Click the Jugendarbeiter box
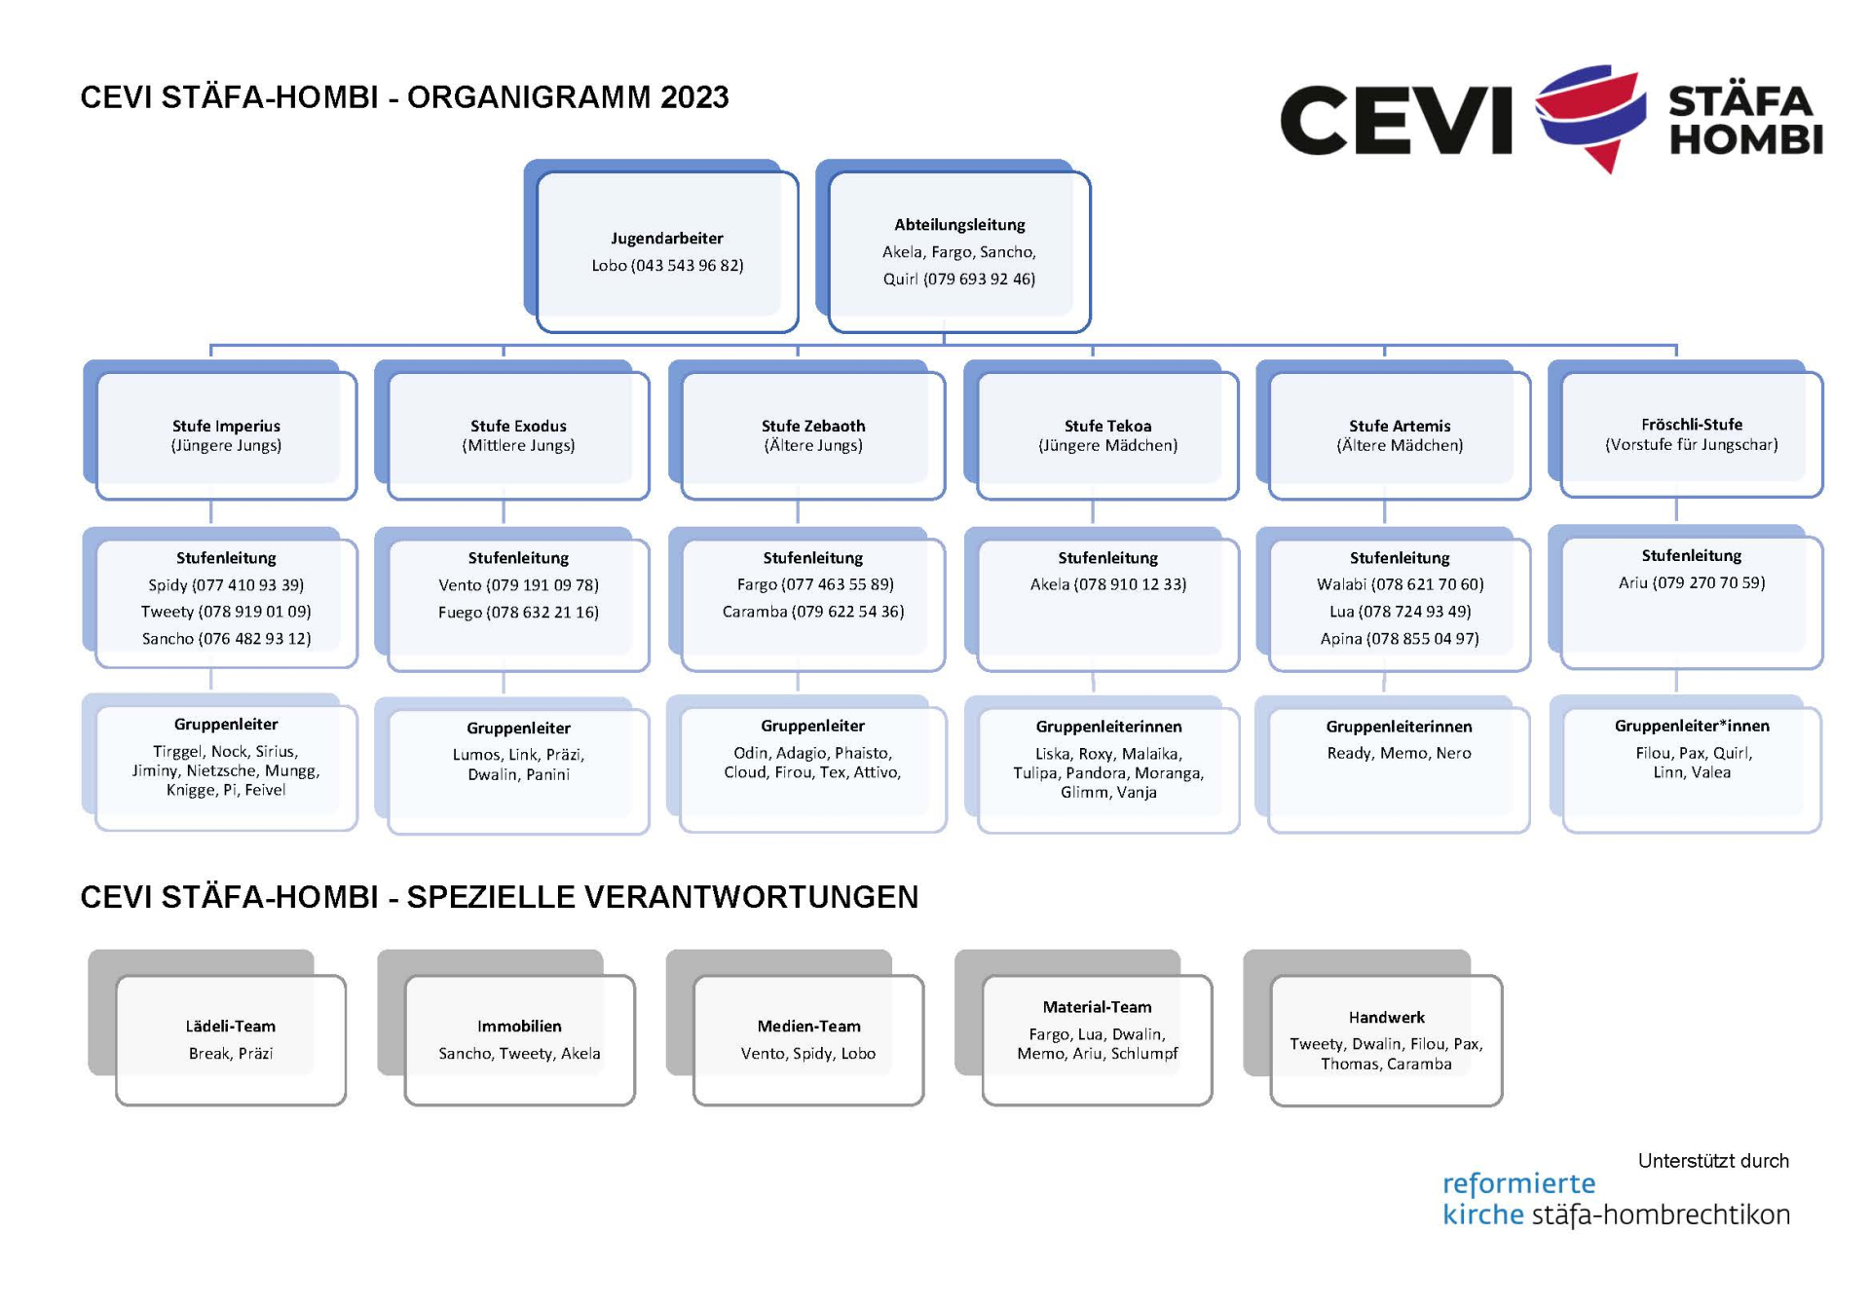(x=667, y=251)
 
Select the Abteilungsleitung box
(x=959, y=251)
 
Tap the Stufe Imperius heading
(x=226, y=426)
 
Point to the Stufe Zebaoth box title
(x=813, y=426)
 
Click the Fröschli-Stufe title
(x=1692, y=424)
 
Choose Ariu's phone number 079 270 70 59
(x=1709, y=582)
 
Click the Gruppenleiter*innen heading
(x=1692, y=726)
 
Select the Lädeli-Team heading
(x=231, y=1026)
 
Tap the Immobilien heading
(x=519, y=1026)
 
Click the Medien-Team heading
(x=808, y=1026)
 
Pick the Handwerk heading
(x=1386, y=1017)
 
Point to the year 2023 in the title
(x=693, y=97)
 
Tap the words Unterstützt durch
(x=1713, y=1161)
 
